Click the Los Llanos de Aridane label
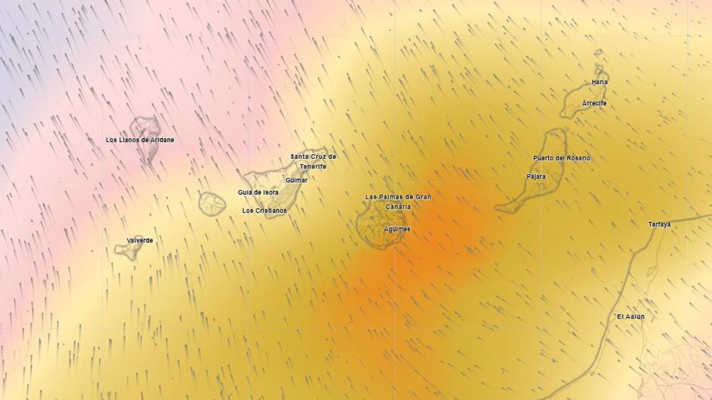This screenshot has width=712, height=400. [x=140, y=140]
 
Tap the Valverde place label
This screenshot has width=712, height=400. [x=140, y=240]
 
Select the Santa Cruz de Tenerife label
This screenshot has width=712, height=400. [x=313, y=161]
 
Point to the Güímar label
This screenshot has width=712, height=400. [x=297, y=180]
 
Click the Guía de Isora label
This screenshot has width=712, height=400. [x=258, y=192]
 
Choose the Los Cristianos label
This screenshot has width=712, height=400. [x=265, y=210]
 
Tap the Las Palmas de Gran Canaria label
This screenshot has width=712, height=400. [x=398, y=201]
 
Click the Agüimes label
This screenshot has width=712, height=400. [x=397, y=229]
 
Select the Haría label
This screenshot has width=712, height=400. [x=600, y=82]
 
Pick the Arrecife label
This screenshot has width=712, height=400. [x=595, y=103]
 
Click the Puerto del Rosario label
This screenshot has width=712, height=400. [x=562, y=158]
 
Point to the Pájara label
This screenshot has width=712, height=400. [x=536, y=176]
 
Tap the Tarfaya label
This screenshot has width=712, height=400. [x=660, y=225]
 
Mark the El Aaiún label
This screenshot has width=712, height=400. [x=631, y=316]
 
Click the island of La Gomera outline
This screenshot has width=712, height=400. [x=212, y=204]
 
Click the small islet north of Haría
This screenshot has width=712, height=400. [x=598, y=53]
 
